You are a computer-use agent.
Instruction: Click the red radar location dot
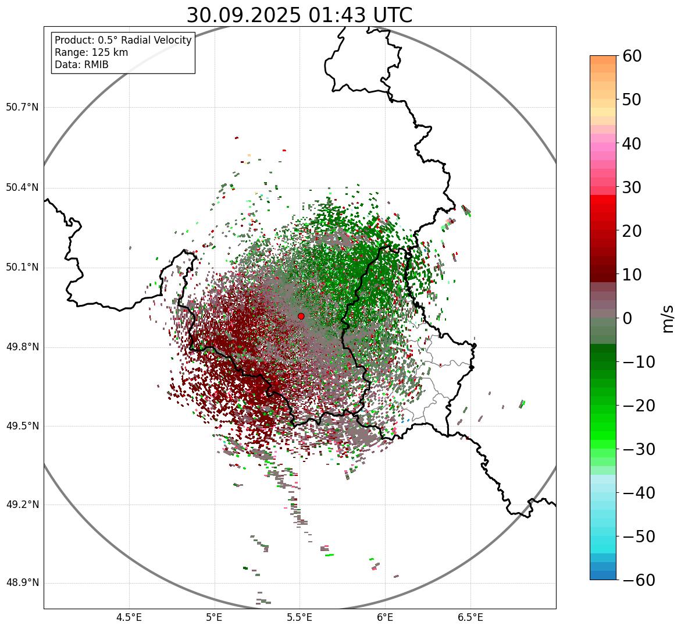(301, 316)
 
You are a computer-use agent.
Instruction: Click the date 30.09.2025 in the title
(244, 16)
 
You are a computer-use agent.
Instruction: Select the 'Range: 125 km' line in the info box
(91, 52)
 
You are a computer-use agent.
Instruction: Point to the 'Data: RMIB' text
(81, 65)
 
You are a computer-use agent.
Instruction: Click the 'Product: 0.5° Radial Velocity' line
(123, 40)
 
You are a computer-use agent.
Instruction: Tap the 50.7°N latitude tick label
(22, 107)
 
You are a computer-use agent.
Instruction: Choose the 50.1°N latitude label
(22, 268)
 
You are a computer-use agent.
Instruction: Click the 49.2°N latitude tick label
(22, 504)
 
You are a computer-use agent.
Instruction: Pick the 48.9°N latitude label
(22, 583)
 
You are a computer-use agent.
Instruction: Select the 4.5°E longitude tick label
(129, 617)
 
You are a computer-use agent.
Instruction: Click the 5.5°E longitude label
(300, 617)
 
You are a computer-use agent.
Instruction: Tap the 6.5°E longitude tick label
(470, 617)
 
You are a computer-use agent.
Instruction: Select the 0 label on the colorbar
(627, 318)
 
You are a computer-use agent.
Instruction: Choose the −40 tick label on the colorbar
(639, 493)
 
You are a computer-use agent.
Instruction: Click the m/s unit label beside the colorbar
(669, 318)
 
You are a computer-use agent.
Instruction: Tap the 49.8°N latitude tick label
(22, 347)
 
